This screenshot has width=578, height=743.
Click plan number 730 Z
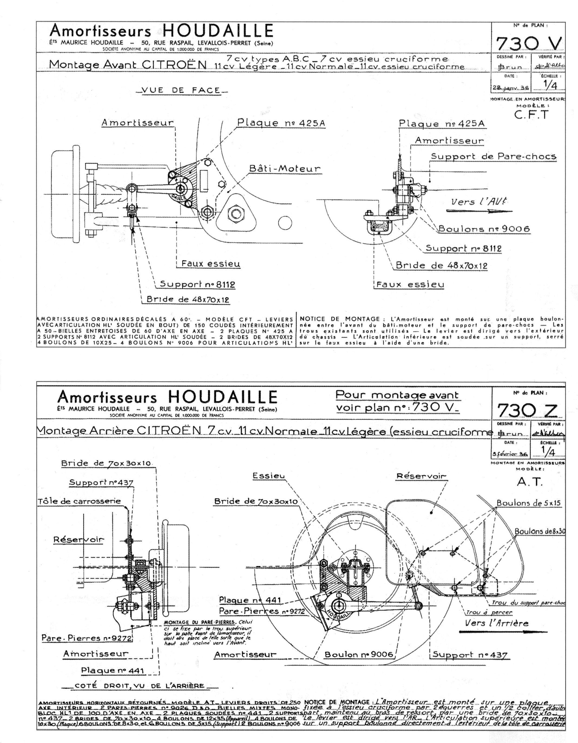point(528,411)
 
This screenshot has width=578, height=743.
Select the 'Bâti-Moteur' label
point(284,168)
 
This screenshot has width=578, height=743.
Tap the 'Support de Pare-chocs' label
point(494,156)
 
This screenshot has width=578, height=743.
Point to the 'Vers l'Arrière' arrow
point(497,632)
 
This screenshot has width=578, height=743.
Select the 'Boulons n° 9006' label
point(484,229)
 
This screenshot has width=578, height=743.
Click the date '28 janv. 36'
point(510,87)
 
